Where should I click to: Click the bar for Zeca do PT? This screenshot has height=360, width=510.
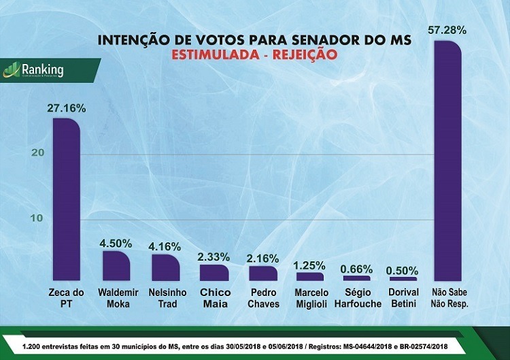[67, 200]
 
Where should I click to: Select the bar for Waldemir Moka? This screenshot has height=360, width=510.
[116, 266]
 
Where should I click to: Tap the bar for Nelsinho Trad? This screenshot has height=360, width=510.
[165, 267]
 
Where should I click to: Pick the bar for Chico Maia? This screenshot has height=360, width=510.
[214, 273]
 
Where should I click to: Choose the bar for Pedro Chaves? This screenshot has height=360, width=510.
[263, 274]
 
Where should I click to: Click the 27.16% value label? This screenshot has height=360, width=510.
[67, 108]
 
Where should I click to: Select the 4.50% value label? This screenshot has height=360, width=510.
[116, 242]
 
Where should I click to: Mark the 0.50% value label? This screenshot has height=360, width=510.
[403, 269]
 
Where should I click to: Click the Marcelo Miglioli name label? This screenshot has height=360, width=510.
[310, 298]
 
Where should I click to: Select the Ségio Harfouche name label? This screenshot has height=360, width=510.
[358, 298]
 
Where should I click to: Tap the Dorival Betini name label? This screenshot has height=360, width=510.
[404, 298]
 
